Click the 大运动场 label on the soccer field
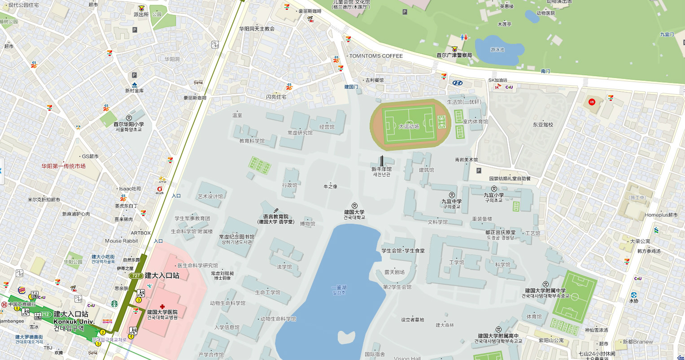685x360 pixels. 409,126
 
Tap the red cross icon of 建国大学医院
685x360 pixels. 162,306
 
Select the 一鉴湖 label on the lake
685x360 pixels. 339,287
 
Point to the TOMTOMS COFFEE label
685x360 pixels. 376,56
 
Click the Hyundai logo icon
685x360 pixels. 457,82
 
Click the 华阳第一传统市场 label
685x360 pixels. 63,166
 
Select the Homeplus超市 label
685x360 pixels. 661,215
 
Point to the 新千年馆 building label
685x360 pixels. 381,169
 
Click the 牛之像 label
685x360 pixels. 330,186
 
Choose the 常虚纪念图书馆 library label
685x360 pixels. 236,237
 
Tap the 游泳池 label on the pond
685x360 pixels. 497,50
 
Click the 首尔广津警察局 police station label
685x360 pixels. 454,55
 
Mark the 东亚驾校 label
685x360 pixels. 543,125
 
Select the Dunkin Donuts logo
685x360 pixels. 107,321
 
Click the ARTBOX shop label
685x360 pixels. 140,233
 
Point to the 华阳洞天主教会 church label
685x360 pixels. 257,29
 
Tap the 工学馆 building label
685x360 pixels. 457,262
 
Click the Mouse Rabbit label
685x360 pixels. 121,241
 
